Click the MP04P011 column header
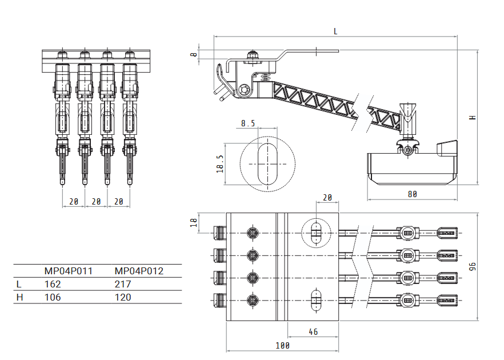click(x=68, y=271)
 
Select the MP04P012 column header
click(x=139, y=271)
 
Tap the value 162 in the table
click(x=53, y=284)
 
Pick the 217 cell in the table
click(x=123, y=284)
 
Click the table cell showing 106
click(x=53, y=297)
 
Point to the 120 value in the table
click(x=123, y=297)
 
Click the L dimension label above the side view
click(x=335, y=31)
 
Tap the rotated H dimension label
click(x=473, y=117)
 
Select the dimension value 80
click(x=412, y=194)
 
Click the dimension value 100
click(x=282, y=345)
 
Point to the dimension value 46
click(x=313, y=331)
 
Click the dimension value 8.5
click(x=248, y=123)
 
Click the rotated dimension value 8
click(x=194, y=55)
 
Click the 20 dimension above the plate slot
click(x=327, y=198)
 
